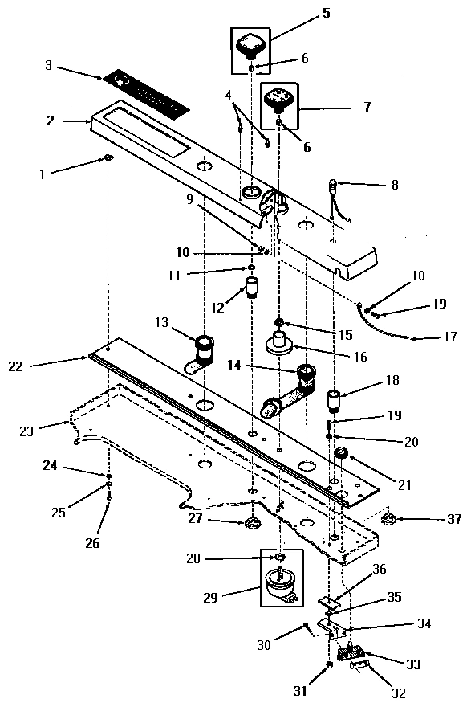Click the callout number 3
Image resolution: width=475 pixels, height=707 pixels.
[x=48, y=65]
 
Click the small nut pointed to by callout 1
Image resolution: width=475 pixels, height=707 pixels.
[x=107, y=158]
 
